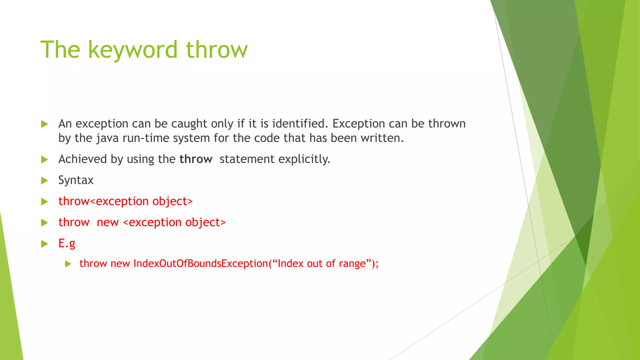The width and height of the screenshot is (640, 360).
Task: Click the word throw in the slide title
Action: click(x=217, y=50)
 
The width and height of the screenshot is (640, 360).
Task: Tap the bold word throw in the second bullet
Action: click(x=196, y=159)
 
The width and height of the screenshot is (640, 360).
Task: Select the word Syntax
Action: click(x=76, y=180)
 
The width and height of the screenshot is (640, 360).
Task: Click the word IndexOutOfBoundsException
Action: click(x=201, y=263)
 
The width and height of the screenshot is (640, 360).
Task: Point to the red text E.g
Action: click(x=67, y=243)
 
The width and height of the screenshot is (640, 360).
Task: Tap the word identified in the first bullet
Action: click(x=300, y=124)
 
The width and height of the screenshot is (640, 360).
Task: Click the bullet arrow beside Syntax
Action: click(x=45, y=181)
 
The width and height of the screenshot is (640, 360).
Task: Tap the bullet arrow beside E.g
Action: click(x=45, y=244)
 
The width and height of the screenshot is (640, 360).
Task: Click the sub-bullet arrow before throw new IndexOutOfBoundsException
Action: click(x=68, y=264)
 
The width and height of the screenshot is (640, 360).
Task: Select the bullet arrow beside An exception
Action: click(x=45, y=124)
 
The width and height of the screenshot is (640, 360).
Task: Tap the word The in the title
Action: click(x=60, y=50)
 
